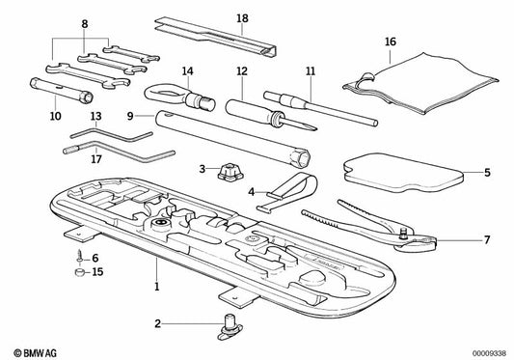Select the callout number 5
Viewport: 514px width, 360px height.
click(x=487, y=173)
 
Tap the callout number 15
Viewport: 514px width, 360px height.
click(x=95, y=273)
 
